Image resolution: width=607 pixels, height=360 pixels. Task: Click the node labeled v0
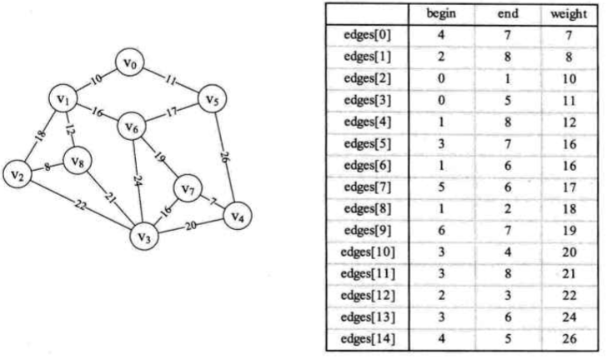click(x=130, y=62)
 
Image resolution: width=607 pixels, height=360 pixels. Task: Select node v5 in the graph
click(x=212, y=99)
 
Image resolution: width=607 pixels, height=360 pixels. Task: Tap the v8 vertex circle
click(x=78, y=161)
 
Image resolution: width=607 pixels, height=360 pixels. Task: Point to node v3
click(x=144, y=236)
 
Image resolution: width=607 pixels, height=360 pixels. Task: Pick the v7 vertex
click(x=188, y=189)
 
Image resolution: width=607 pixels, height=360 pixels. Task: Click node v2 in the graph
click(x=18, y=174)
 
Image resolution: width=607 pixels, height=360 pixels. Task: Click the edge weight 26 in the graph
click(x=224, y=157)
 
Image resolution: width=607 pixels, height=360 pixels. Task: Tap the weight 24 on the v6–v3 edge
click(x=137, y=180)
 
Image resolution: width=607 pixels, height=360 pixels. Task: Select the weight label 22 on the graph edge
click(x=80, y=205)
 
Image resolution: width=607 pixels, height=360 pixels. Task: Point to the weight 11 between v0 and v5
click(x=170, y=81)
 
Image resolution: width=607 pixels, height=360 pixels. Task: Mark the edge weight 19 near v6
click(x=159, y=157)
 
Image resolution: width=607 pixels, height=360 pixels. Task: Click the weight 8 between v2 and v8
click(x=48, y=167)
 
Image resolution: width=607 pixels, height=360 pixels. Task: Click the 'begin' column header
click(x=441, y=14)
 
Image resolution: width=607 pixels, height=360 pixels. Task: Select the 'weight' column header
click(x=569, y=14)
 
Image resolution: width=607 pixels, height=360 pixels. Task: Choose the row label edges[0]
click(x=367, y=35)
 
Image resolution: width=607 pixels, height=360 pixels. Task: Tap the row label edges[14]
click(x=368, y=338)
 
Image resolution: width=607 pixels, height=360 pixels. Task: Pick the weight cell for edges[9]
click(x=569, y=231)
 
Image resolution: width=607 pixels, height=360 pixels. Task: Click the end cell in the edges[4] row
click(x=508, y=122)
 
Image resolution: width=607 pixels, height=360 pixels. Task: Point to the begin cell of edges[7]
click(x=441, y=187)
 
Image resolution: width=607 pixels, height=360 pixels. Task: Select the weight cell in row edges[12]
click(x=569, y=296)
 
